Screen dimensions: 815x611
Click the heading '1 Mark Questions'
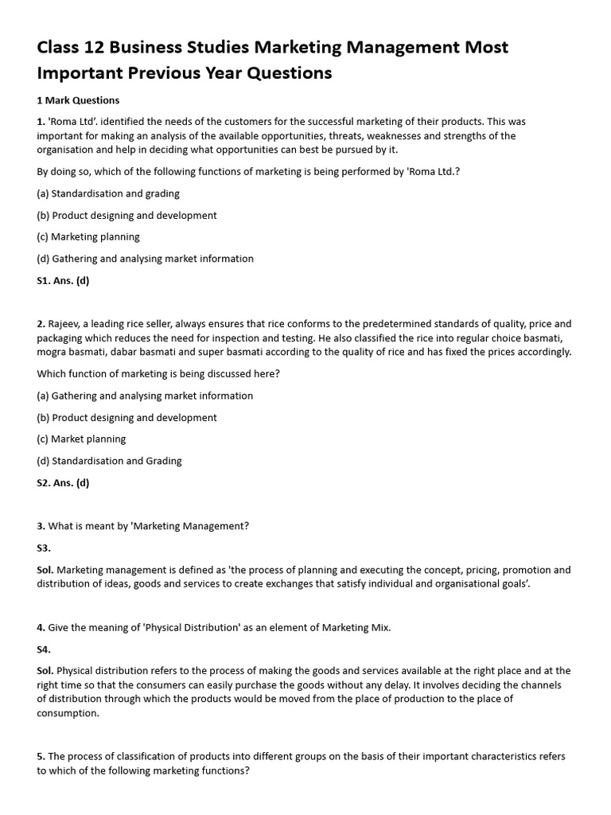point(78,100)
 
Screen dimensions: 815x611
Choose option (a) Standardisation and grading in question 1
point(108,193)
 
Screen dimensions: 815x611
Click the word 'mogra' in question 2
point(53,352)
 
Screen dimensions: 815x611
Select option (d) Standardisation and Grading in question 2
point(109,460)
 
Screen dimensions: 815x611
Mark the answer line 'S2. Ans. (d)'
point(63,482)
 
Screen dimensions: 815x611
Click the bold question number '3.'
point(41,526)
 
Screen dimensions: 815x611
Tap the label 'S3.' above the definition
point(44,548)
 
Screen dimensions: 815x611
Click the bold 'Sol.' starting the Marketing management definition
point(45,570)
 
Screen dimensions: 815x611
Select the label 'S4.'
point(44,649)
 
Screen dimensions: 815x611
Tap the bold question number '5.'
point(41,757)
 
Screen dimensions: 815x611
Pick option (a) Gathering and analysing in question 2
point(145,396)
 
